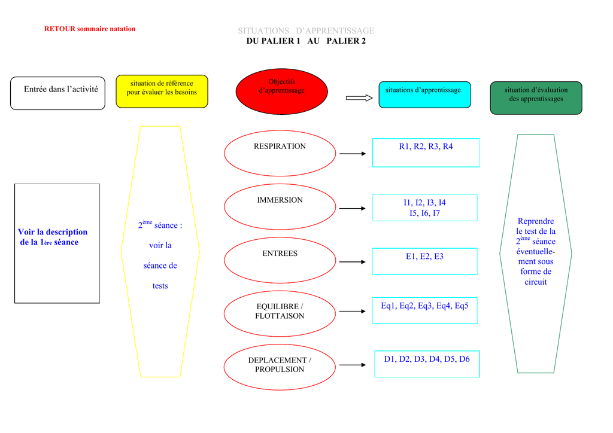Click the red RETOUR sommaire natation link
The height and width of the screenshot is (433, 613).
tap(90, 29)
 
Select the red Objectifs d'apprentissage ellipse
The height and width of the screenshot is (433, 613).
tap(281, 92)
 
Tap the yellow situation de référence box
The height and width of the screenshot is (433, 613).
tap(162, 92)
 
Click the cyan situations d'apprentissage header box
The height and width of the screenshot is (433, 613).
tap(424, 94)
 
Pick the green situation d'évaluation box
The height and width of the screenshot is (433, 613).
tap(536, 98)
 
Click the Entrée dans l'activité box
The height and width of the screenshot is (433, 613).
tap(57, 93)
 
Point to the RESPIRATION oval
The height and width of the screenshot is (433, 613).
tap(280, 153)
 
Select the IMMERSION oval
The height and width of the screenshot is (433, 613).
tap(280, 206)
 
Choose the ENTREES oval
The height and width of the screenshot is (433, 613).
tap(280, 260)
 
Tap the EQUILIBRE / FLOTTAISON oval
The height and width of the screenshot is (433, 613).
tap(280, 313)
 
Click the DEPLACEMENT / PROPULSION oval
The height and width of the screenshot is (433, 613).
tap(280, 367)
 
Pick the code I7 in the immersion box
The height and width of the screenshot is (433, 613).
tap(436, 213)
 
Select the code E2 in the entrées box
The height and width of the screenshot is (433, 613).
tap(424, 257)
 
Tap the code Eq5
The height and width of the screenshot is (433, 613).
tap(462, 306)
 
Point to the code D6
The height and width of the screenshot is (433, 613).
tap(465, 359)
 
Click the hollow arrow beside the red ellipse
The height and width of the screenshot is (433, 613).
tap(359, 98)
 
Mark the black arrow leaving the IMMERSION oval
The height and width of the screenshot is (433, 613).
tap(352, 209)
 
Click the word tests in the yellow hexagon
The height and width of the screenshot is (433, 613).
tap(160, 286)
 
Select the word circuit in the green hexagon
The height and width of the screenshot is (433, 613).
tap(536, 282)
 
